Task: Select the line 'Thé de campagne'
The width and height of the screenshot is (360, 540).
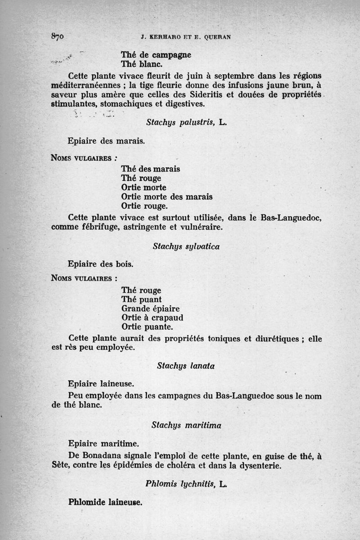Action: tap(156, 55)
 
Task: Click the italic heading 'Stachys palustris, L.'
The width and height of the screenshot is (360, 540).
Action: tap(186, 121)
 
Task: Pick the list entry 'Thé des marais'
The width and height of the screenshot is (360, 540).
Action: tap(150, 169)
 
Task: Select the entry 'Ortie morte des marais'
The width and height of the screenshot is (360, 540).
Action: tap(167, 197)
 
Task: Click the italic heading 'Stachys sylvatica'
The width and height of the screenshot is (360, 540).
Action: tap(186, 246)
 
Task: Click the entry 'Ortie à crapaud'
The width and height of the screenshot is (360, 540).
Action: tap(152, 318)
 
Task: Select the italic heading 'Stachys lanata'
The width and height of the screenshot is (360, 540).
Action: tap(186, 366)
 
